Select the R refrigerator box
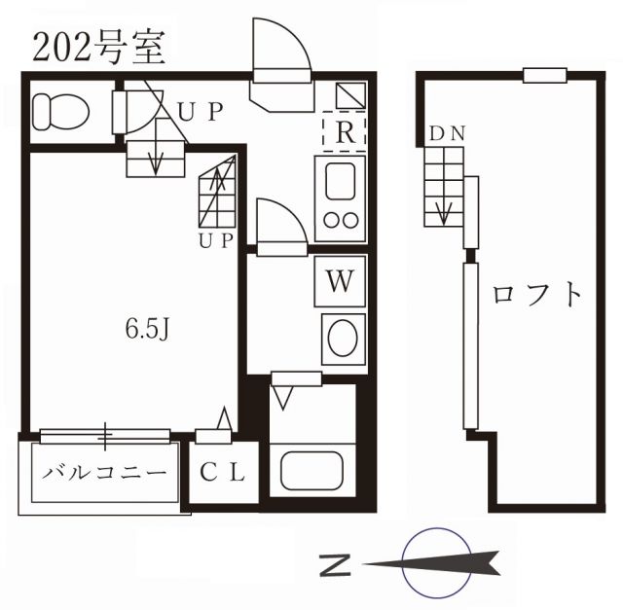pos(343,133)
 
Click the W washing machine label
pos(339,282)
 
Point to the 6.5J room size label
pos(148,328)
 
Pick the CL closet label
pos(224,474)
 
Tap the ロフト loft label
pos(538,293)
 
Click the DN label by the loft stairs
pos(446,133)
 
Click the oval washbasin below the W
pos(341,339)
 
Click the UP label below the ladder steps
pos(216,241)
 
